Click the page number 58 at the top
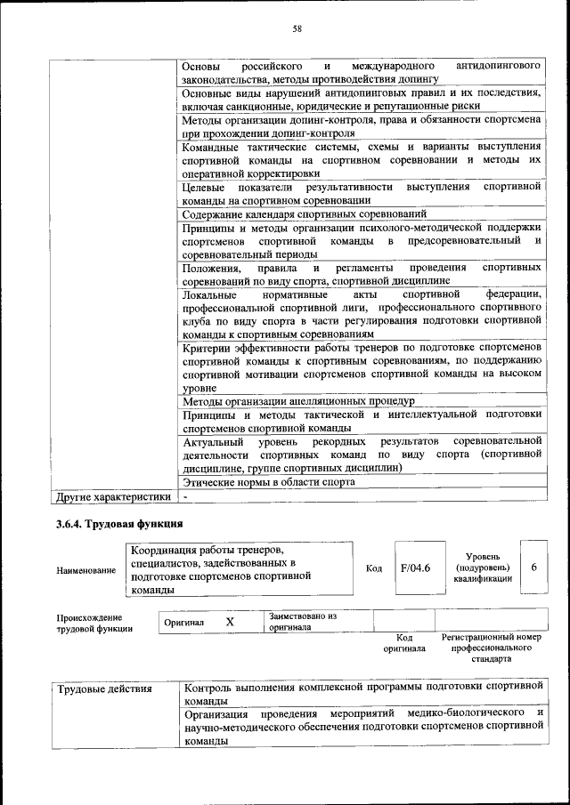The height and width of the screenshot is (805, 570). [297, 28]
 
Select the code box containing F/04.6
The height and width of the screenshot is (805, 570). [415, 567]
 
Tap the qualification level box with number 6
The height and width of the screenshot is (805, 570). [533, 567]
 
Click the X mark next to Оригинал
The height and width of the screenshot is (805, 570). [230, 622]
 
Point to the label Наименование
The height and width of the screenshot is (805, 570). [86, 570]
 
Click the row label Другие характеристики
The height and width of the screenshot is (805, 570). [111, 496]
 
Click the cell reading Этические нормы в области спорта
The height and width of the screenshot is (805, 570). [269, 482]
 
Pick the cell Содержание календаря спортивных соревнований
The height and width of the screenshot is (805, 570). [305, 214]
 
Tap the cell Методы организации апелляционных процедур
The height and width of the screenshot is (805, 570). [293, 401]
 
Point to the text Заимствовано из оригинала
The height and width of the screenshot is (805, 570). [304, 621]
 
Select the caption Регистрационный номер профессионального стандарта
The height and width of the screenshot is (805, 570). [492, 649]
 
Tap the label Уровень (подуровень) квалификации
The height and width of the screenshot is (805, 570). [482, 567]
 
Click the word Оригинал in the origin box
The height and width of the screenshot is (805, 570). [183, 623]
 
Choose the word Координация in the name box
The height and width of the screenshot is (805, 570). [162, 547]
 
